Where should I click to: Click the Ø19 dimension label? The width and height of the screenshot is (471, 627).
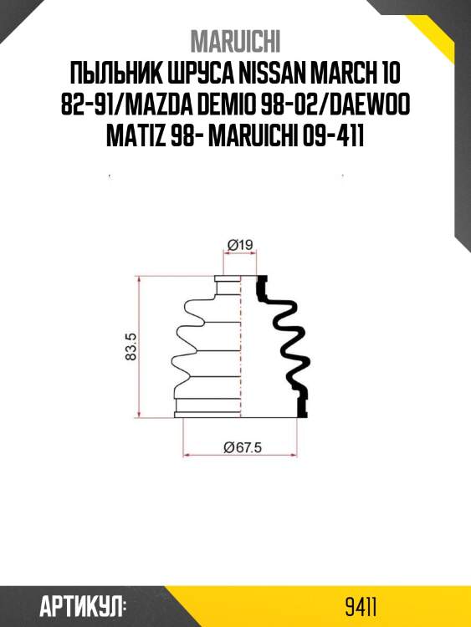tap(240, 244)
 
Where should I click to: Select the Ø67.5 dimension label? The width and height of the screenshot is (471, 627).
tap(243, 446)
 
